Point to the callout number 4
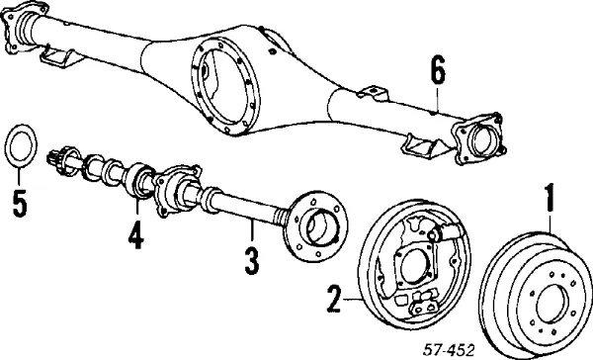(x=134, y=236)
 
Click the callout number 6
(x=439, y=72)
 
